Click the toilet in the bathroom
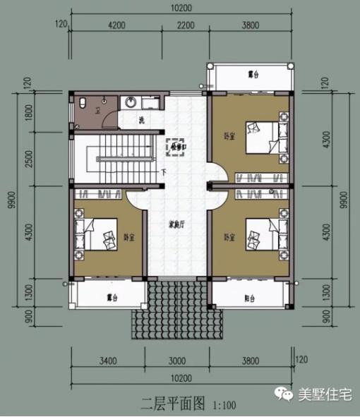point(83,104)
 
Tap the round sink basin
point(131,103)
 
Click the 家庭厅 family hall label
point(176,225)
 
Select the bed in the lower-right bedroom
point(260,234)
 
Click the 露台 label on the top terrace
point(253,73)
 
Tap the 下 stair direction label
point(164,171)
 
